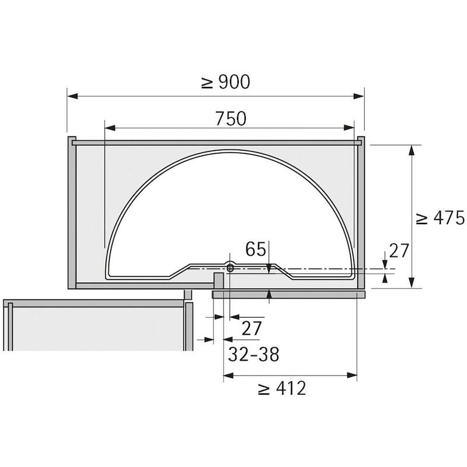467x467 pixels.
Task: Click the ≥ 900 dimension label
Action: [x=226, y=82]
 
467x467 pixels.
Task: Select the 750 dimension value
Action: [x=231, y=119]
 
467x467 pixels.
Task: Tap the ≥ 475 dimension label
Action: [x=440, y=218]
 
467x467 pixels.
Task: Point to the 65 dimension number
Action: [x=256, y=249]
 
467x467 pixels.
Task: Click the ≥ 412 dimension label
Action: [x=282, y=388]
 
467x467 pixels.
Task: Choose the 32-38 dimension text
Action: [x=254, y=354]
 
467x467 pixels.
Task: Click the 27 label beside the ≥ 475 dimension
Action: [x=399, y=250]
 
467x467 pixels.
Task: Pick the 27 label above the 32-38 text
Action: [x=252, y=328]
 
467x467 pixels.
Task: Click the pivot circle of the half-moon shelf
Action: [x=230, y=269]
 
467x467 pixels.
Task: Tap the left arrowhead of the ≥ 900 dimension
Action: [x=72, y=96]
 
